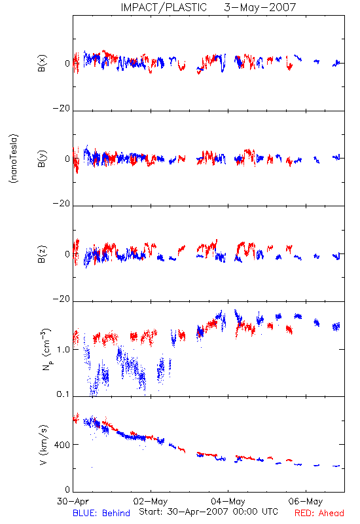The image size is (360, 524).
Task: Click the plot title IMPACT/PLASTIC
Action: point(164,7)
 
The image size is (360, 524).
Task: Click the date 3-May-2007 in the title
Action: point(260,7)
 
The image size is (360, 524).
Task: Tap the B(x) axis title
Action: point(42,63)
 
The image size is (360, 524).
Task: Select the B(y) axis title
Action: point(42,159)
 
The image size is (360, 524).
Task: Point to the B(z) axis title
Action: point(42,254)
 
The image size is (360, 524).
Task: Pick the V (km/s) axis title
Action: point(44,445)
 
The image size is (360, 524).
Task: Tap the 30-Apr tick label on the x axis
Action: point(73,501)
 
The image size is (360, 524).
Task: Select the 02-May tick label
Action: point(151,501)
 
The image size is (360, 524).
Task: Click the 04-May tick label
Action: point(228,501)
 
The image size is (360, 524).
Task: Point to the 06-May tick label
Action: point(306,501)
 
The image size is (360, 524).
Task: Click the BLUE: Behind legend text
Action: point(101,513)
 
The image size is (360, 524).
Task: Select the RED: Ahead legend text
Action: point(319,513)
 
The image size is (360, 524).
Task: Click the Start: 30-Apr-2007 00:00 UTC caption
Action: point(208,512)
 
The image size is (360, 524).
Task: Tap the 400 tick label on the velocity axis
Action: point(62,445)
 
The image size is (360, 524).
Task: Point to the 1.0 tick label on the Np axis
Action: point(63,350)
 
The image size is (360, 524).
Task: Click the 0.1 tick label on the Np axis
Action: point(63,394)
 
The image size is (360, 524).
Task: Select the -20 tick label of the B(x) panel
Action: point(62,108)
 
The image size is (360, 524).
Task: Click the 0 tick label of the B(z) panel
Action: point(67,254)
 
